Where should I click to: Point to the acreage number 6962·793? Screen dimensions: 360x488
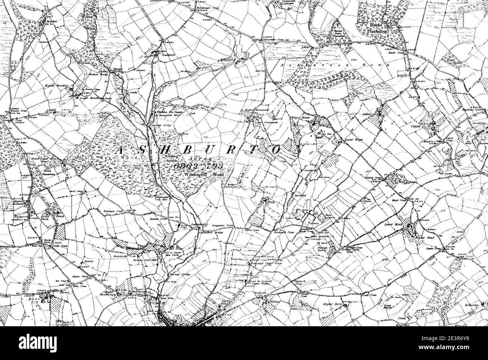[199, 165]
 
